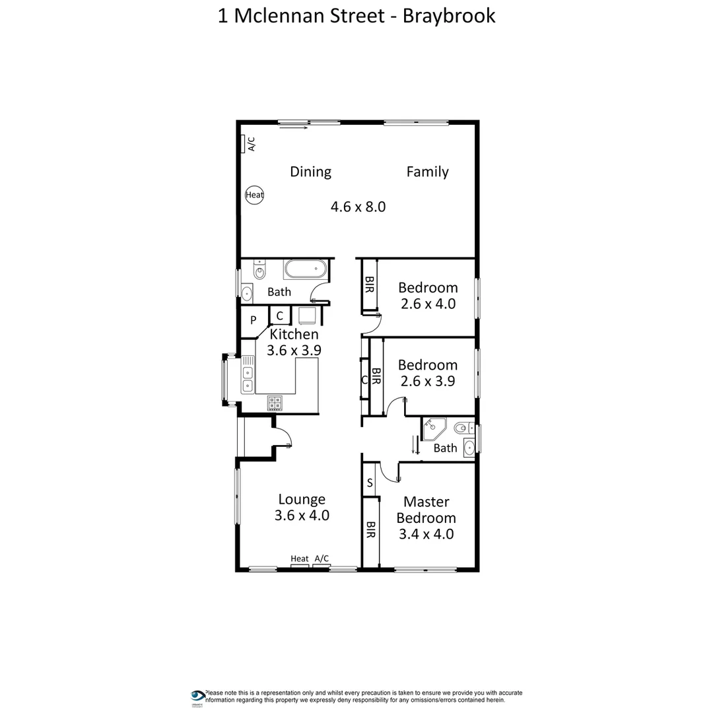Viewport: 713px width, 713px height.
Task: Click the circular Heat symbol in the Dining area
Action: tap(254, 195)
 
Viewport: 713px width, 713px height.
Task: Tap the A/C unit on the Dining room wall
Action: tap(244, 143)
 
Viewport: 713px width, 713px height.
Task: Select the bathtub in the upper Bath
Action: tap(304, 269)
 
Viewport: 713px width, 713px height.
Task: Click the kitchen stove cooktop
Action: tap(275, 402)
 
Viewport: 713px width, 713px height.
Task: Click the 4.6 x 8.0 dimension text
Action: tap(358, 207)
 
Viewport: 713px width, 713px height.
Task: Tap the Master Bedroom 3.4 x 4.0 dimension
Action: tap(426, 534)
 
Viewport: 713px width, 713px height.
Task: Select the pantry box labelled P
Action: tap(253, 321)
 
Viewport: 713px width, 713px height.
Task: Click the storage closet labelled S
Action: tap(370, 483)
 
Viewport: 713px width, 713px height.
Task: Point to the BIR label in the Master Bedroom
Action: tap(370, 530)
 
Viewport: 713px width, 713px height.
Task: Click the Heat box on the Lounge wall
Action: tap(300, 559)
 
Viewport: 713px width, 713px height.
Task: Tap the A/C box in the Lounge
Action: tap(322, 559)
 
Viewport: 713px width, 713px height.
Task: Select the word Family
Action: tap(427, 172)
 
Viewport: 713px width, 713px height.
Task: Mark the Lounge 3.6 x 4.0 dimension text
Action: tap(302, 516)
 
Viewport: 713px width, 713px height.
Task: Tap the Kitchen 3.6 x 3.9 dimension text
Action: tap(294, 350)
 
